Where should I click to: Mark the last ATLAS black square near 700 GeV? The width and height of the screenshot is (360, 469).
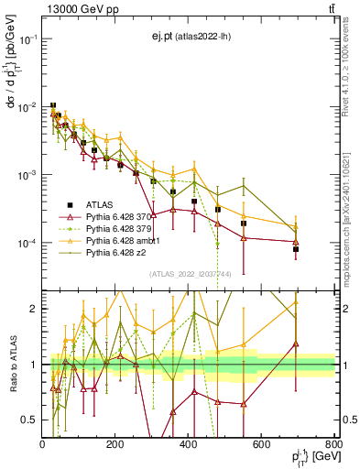click(296, 249)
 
